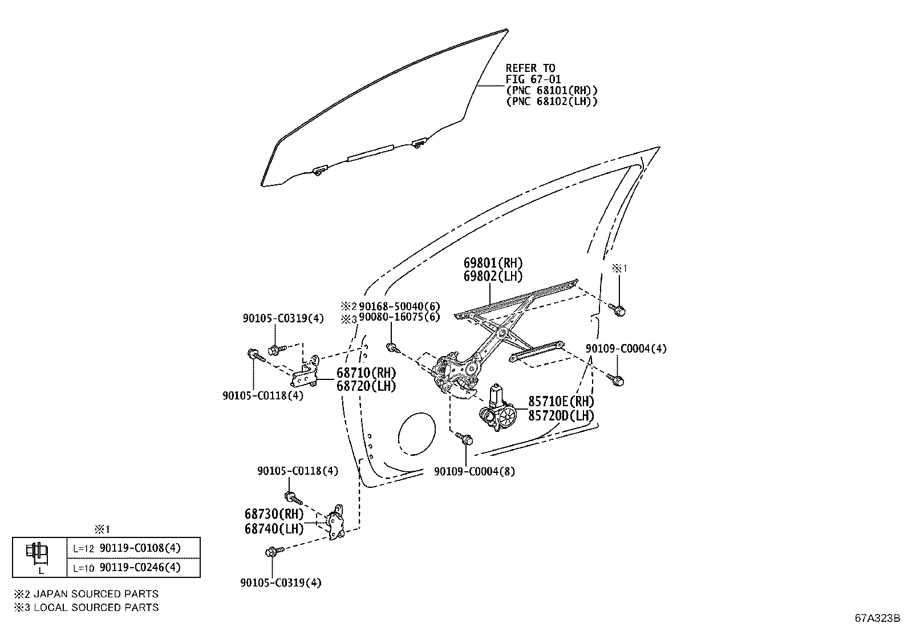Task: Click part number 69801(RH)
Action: click(493, 263)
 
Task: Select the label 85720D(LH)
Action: click(561, 415)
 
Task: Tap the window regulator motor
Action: click(498, 411)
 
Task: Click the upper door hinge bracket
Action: click(309, 373)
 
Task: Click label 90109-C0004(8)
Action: click(474, 472)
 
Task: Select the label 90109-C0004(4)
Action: click(626, 348)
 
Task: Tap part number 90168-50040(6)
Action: click(400, 307)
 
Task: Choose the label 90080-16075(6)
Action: click(400, 317)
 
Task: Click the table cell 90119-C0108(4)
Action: click(140, 548)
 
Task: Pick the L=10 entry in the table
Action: click(83, 567)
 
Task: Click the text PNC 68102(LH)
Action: click(552, 101)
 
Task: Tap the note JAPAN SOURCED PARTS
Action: click(96, 594)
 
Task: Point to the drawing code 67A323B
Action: click(877, 618)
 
